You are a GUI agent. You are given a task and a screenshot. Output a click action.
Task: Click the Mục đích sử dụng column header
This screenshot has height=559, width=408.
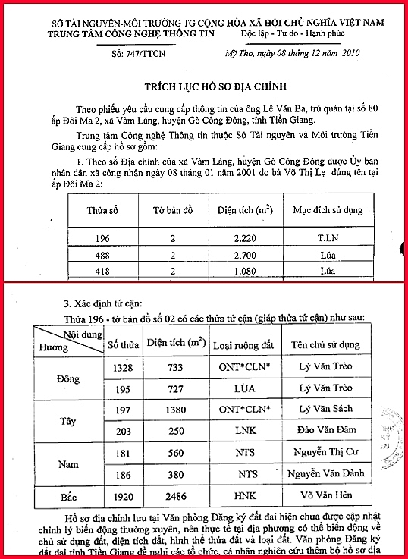[328, 209]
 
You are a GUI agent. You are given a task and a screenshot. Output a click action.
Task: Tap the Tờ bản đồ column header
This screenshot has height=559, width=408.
[173, 209]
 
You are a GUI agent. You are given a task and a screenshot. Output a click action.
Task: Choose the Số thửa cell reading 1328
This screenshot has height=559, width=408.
[121, 367]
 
